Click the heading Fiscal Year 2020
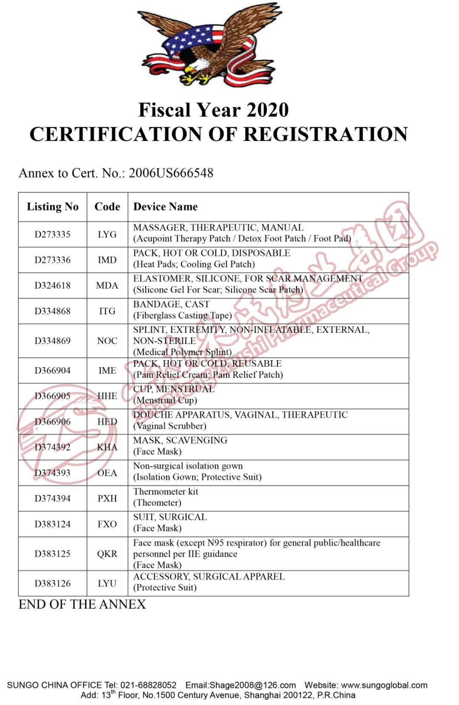[213, 110]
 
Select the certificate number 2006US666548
[171, 173]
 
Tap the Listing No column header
[53, 207]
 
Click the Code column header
[107, 207]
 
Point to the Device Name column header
[165, 207]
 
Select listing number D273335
[53, 234]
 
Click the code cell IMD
[107, 260]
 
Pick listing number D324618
[53, 285]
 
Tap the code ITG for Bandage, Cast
[107, 311]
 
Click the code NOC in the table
[107, 341]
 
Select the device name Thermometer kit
[166, 492]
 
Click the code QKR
[107, 554]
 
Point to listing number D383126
[53, 584]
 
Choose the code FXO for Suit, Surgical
[107, 524]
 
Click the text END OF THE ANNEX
[82, 604]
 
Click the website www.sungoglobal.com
[384, 685]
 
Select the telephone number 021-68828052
[148, 685]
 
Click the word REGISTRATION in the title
[326, 134]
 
